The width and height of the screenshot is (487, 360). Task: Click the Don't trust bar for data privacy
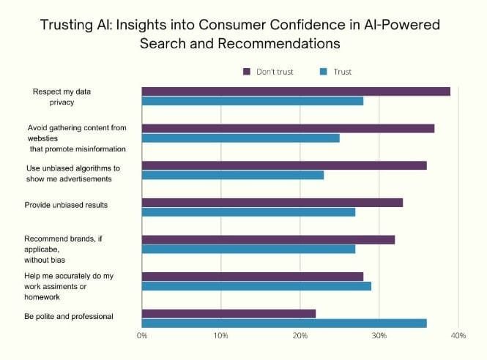[296, 91]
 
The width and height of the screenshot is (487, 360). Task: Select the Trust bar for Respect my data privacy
[253, 101]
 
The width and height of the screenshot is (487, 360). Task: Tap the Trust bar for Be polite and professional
[284, 323]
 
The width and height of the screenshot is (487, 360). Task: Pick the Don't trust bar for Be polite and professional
[228, 314]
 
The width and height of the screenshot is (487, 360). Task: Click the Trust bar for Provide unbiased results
[248, 212]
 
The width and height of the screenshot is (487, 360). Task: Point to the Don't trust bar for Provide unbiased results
[272, 203]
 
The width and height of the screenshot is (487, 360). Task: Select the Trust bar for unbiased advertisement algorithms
[233, 175]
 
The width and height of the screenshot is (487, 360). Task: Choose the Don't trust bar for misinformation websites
[288, 129]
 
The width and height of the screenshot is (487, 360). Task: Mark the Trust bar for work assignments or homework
[256, 286]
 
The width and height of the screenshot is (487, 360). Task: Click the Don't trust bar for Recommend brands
[268, 239]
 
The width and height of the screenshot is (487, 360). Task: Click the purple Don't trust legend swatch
[248, 71]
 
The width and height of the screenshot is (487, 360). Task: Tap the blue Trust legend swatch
[324, 71]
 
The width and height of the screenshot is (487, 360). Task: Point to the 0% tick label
[142, 337]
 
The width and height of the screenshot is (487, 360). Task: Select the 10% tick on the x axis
[220, 337]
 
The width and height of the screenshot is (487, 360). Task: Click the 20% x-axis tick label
[300, 337]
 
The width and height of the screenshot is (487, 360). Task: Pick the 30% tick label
[379, 337]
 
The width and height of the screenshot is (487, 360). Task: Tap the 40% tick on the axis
[458, 337]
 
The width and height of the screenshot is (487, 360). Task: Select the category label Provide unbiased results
[67, 205]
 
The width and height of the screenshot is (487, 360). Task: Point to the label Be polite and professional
[69, 317]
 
